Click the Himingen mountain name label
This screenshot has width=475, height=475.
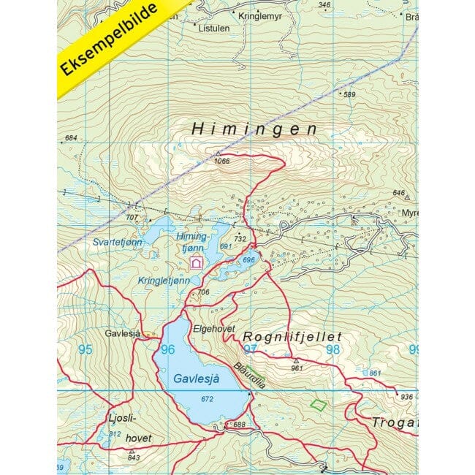(254, 128)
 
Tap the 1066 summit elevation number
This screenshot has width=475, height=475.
(222, 161)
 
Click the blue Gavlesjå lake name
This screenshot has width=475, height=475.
(196, 379)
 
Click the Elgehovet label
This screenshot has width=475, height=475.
(213, 329)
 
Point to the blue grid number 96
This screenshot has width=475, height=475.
(167, 349)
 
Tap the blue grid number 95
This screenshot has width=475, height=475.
(85, 349)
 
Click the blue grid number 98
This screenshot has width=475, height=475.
(333, 349)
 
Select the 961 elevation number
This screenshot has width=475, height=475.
(296, 368)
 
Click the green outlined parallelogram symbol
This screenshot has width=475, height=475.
(318, 403)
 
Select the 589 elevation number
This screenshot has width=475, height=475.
(349, 94)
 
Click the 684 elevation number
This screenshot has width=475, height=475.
(71, 138)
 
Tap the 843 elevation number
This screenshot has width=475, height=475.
(132, 458)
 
